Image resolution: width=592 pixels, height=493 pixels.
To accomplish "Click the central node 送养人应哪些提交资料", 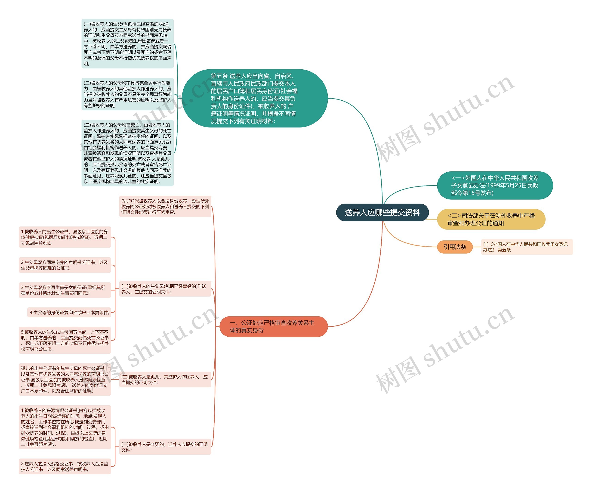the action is (382, 212).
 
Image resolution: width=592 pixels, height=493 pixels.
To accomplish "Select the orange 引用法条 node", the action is (454, 247).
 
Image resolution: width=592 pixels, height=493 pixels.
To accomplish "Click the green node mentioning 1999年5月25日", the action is (495, 185).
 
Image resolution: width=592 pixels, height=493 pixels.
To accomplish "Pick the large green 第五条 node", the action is (255, 98).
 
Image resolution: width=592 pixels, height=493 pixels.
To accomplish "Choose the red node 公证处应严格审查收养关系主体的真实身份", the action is (273, 326).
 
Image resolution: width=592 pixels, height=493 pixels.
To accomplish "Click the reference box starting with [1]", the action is (526, 247).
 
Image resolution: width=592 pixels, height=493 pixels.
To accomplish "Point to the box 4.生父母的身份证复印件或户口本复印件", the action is (69, 313).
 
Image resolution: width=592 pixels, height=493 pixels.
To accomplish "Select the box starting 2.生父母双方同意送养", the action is (65, 265).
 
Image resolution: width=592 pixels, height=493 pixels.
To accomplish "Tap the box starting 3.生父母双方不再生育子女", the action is (65, 290).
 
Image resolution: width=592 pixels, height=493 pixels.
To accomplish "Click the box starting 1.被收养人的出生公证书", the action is (65, 237).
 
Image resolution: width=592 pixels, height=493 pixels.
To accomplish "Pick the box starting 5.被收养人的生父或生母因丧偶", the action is (65, 340).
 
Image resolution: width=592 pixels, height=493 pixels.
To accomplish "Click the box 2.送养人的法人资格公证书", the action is (65, 466).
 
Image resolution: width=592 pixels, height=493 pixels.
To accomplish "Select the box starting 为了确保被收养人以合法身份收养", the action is (165, 206).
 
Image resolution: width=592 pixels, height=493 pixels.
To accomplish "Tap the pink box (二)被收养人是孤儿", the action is (165, 380).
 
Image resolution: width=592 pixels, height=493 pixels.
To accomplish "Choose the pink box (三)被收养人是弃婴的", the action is (165, 447).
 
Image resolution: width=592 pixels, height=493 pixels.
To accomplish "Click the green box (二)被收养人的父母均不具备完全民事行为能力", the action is (127, 94).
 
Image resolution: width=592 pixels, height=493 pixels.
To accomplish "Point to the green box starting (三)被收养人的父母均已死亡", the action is (127, 153).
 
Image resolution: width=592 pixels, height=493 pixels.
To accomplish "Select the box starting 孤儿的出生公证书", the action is (65, 380).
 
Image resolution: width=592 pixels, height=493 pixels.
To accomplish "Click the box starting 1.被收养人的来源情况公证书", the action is (65, 427).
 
